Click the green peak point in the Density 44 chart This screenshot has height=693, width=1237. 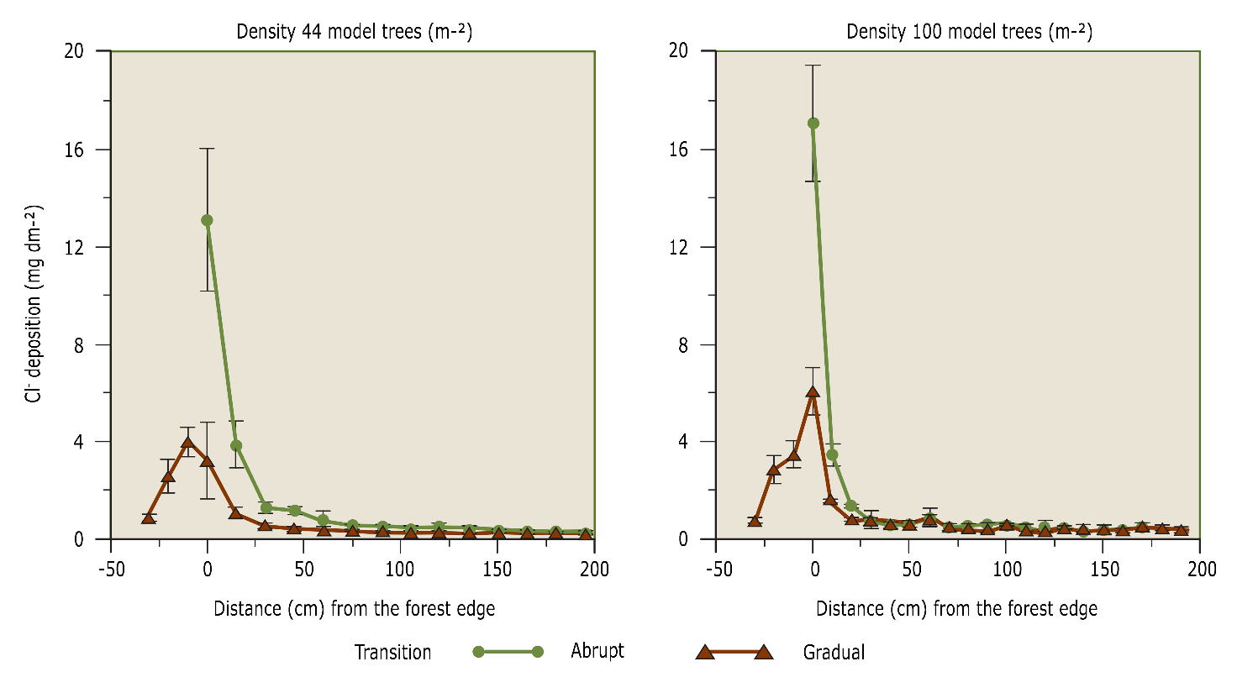(207, 220)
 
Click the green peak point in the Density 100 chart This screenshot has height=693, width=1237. (813, 123)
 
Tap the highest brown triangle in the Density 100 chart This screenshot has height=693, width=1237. (813, 392)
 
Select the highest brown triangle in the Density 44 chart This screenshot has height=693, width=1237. (187, 443)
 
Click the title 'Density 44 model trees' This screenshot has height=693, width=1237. (354, 32)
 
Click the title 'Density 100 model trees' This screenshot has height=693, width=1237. (969, 32)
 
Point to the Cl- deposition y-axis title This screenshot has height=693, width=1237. (34, 303)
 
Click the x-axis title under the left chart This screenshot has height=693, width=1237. (354, 608)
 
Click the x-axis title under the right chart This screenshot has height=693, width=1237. (956, 608)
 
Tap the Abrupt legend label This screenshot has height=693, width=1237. (597, 651)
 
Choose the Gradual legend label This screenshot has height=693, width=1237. (834, 652)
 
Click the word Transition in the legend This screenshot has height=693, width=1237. (392, 652)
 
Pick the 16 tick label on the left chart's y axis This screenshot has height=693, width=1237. (75, 150)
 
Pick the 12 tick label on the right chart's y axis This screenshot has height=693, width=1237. (678, 247)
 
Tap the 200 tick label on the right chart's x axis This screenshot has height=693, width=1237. (1202, 570)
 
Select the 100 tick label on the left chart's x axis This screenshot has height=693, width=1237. (400, 570)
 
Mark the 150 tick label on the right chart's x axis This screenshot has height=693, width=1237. (1104, 570)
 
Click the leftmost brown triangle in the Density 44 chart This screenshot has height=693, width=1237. (149, 517)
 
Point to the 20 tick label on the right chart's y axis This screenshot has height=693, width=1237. (678, 51)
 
